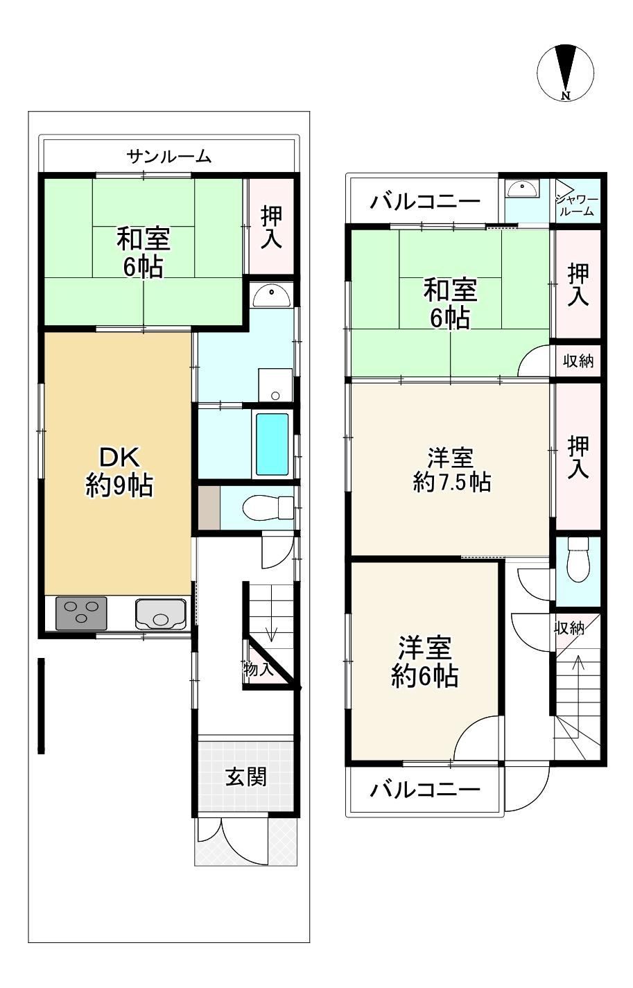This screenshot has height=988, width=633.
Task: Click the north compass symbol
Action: [565, 72]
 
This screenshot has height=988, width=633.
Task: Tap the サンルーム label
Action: [169, 157]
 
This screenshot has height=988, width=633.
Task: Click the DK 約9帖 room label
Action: [119, 471]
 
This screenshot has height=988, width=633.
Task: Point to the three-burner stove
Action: [82, 613]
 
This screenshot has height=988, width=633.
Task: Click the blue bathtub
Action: [272, 444]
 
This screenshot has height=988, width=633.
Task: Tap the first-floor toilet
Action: [268, 508]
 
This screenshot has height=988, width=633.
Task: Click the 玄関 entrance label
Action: [245, 777]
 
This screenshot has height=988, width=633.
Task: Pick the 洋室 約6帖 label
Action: [424, 662]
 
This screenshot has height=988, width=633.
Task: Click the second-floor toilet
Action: [578, 560]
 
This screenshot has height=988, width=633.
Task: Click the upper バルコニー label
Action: [425, 202]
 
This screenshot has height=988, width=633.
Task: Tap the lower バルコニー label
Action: [425, 789]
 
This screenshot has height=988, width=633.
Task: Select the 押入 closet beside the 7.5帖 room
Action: [578, 456]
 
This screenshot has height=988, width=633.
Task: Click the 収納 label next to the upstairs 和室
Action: [578, 361]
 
